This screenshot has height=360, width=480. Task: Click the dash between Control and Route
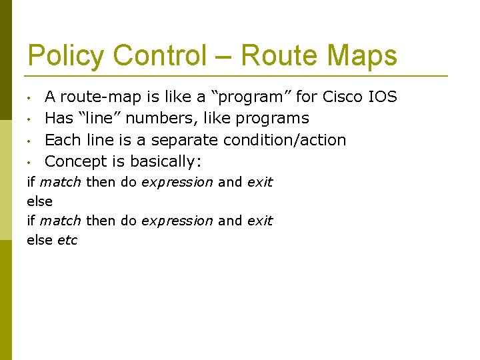pyautogui.click(x=223, y=57)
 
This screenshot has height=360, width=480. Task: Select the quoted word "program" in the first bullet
pyautogui.click(x=251, y=97)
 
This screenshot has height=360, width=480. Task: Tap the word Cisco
pyautogui.click(x=343, y=97)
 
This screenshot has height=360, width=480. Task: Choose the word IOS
pyautogui.click(x=383, y=97)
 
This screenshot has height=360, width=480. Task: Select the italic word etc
pyautogui.click(x=67, y=240)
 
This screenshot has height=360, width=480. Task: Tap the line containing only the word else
pyautogui.click(x=39, y=201)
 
